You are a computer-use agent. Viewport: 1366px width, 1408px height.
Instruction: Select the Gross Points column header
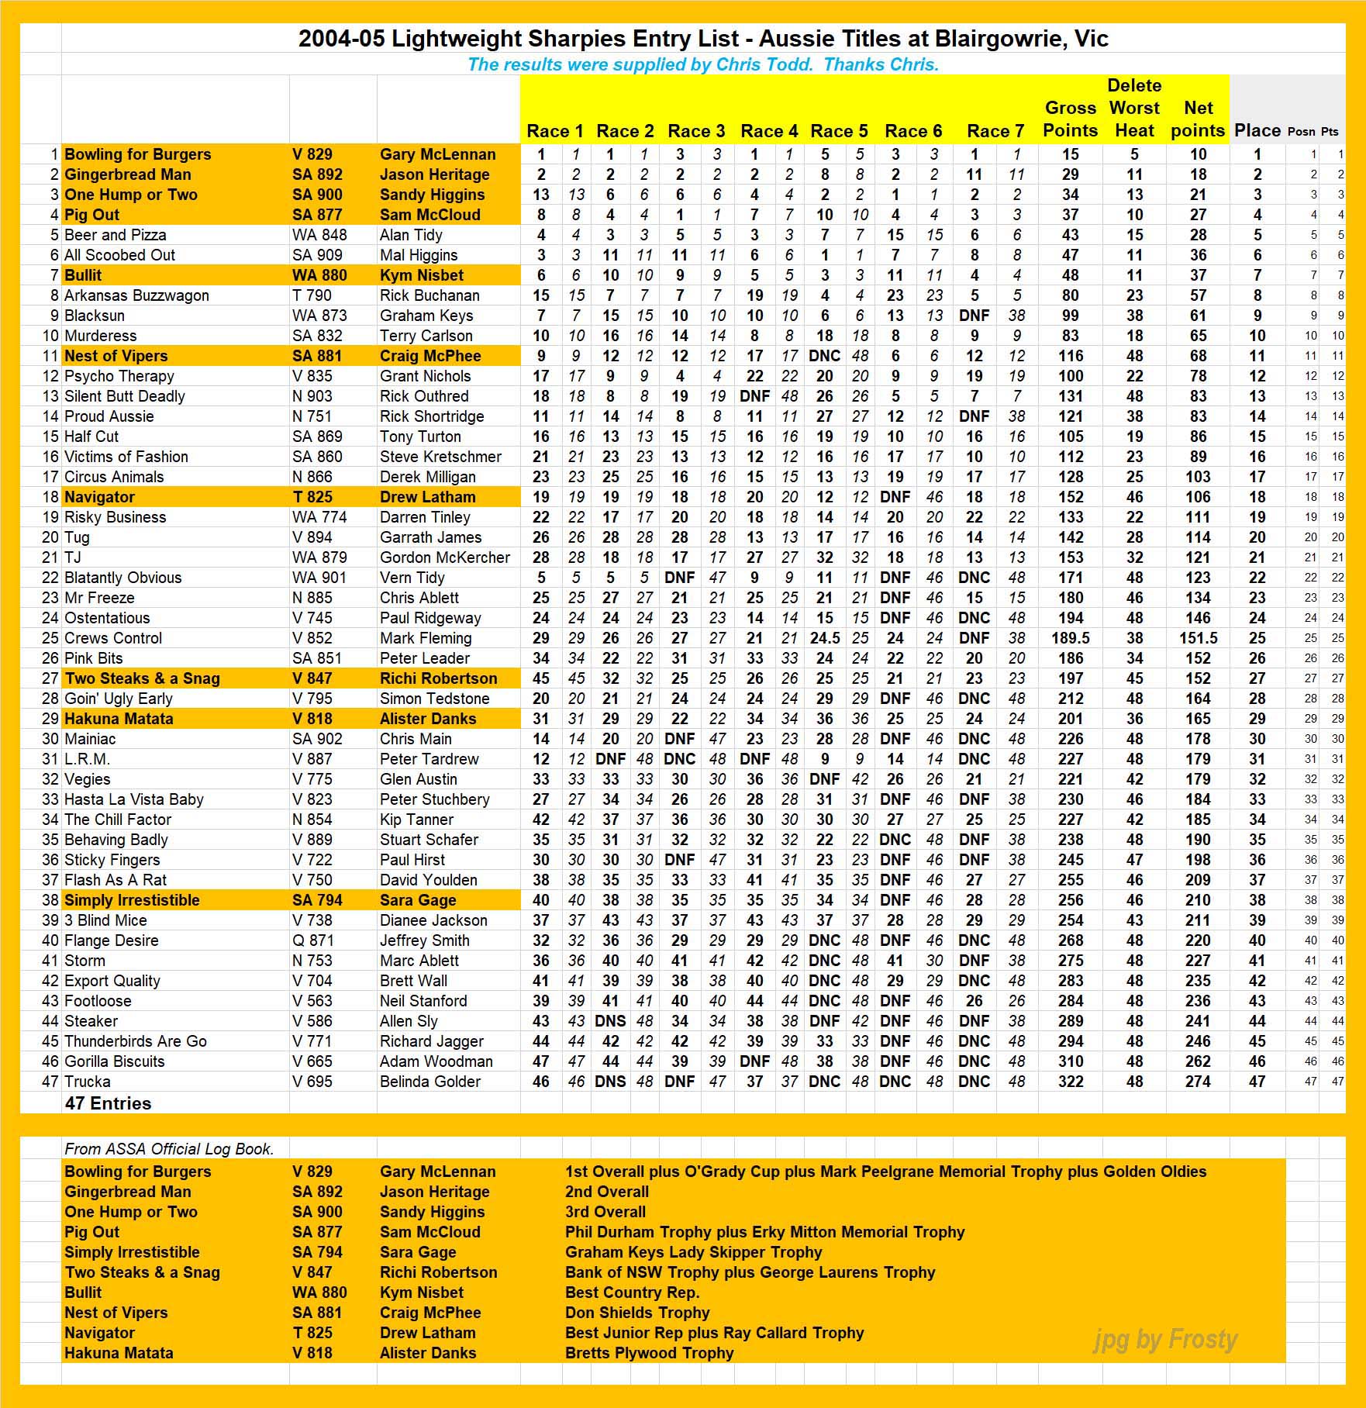point(1070,119)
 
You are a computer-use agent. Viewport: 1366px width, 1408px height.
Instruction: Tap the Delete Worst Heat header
point(1134,108)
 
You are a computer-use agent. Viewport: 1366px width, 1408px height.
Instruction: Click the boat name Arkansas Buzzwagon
point(136,295)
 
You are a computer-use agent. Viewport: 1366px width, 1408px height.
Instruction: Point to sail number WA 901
point(319,578)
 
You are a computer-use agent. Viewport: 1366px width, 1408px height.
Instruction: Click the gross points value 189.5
point(1071,638)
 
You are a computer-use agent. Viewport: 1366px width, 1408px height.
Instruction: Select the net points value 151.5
point(1198,638)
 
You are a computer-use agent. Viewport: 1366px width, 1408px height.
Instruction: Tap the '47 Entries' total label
point(109,1103)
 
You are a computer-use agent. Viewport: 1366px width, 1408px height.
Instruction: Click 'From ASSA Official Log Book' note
point(169,1149)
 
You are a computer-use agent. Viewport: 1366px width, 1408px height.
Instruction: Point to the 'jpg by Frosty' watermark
point(1165,1339)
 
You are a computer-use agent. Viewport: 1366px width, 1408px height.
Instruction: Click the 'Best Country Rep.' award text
point(632,1292)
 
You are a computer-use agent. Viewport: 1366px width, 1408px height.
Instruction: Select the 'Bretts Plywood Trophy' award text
point(649,1353)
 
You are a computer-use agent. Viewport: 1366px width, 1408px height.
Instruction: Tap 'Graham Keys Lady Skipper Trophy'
point(693,1252)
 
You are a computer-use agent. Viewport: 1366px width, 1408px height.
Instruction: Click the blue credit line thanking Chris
point(703,64)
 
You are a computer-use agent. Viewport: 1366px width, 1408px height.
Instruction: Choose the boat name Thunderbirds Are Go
point(136,1041)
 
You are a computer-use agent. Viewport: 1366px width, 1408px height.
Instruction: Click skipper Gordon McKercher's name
point(445,557)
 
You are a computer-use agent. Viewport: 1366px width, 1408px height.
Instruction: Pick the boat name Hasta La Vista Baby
point(134,799)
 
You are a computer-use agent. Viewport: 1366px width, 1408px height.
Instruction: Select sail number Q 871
point(312,940)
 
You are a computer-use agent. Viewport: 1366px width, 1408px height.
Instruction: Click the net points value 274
point(1198,1082)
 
